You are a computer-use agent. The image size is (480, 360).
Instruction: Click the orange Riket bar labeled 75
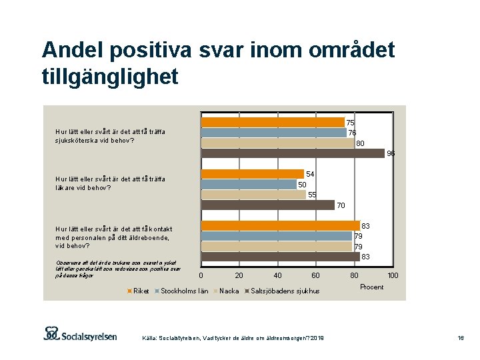tap(273, 122)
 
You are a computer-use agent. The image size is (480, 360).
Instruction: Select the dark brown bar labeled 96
tap(293, 153)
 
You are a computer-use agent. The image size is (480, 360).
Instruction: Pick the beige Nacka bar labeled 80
tap(278, 143)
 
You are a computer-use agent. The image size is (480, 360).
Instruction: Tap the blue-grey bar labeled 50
tap(249, 184)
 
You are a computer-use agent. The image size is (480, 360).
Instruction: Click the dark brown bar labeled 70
tap(268, 205)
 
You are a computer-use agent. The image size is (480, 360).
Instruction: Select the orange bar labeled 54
tap(253, 174)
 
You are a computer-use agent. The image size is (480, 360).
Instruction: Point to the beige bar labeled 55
tap(253, 195)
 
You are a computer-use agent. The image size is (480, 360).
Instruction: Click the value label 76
tap(353, 133)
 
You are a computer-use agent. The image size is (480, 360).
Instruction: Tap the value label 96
tap(391, 153)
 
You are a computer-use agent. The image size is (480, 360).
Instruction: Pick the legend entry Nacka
tap(229, 291)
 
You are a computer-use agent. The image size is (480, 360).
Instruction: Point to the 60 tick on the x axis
tap(316, 275)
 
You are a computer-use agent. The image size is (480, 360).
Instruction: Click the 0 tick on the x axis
tap(201, 275)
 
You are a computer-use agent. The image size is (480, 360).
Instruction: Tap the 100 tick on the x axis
tap(393, 275)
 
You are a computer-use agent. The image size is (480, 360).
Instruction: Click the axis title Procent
tap(371, 287)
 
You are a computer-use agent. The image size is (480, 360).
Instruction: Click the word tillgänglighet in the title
tap(110, 77)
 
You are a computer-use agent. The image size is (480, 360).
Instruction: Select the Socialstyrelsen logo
tap(81, 333)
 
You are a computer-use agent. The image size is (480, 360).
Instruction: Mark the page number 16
tap(460, 339)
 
